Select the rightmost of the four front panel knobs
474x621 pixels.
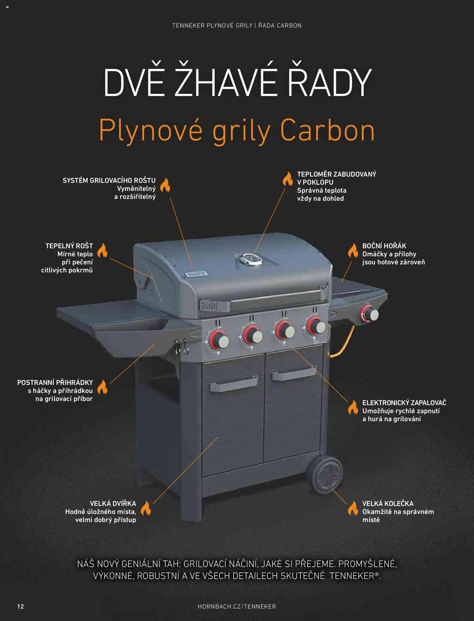click(316, 326)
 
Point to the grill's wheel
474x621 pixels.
click(325, 474)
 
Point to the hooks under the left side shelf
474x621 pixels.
click(181, 347)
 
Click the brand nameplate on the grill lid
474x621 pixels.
click(196, 274)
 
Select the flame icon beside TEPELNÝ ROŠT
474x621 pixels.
click(102, 250)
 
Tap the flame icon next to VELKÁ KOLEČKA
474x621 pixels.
click(353, 508)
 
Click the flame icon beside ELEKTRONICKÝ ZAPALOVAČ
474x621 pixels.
click(353, 407)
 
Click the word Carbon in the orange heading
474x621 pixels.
click(327, 131)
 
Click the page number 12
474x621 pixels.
click(20, 606)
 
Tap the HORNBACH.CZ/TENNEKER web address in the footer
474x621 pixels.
click(237, 606)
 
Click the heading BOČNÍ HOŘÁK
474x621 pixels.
click(384, 246)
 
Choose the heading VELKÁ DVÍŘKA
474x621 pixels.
click(113, 504)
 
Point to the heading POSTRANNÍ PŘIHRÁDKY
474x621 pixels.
click(55, 383)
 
